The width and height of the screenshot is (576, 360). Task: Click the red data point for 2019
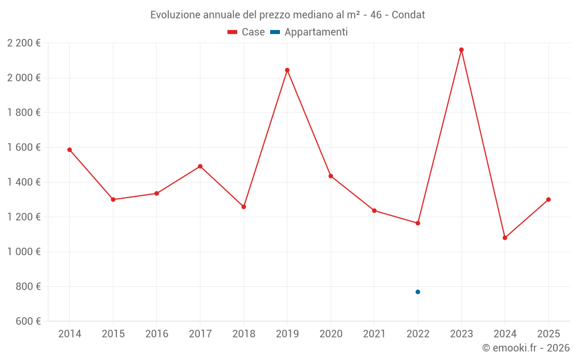287,70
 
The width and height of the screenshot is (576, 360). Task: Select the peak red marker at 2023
461,50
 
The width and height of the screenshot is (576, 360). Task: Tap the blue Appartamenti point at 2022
418,292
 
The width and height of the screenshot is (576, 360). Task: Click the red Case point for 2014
70,150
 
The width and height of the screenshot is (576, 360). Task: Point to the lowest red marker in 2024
505,238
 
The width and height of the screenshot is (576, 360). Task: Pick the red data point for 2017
200,166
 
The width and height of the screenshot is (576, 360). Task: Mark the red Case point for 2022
418,223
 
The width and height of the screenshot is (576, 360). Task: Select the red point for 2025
548,199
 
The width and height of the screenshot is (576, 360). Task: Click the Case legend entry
247,32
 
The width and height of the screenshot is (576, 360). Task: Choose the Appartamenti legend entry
309,32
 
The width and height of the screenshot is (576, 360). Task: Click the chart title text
287,15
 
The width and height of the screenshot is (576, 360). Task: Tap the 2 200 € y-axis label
24,43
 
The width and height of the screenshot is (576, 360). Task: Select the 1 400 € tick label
24,182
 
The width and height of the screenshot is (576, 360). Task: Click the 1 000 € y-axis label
24,252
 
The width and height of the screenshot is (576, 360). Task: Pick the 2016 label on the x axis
157,334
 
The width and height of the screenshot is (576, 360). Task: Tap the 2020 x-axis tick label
331,334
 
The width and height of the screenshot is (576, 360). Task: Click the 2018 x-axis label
244,334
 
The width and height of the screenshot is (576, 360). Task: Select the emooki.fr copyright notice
525,348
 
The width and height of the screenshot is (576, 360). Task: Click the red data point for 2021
374,211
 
